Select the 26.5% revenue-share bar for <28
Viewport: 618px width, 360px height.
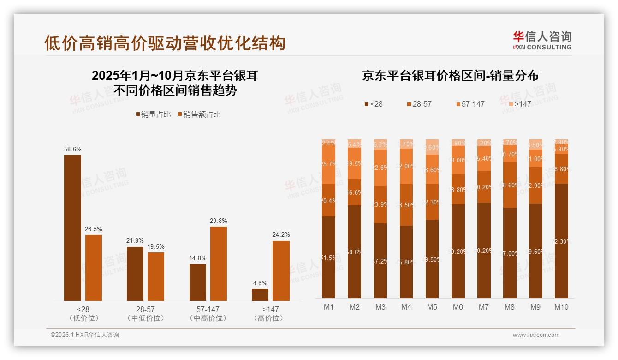click(94, 268)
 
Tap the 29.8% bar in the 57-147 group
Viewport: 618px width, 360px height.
click(219, 264)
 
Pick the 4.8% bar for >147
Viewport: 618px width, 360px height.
click(260, 295)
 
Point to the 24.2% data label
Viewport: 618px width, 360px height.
click(281, 235)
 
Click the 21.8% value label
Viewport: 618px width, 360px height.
click(135, 241)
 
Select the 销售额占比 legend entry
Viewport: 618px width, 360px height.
click(199, 114)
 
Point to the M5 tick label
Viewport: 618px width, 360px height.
click(432, 307)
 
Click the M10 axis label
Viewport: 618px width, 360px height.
click(561, 307)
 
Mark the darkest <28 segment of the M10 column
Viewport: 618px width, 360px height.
click(561, 240)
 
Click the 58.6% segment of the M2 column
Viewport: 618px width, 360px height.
click(355, 252)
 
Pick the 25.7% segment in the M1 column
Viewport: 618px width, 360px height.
click(329, 165)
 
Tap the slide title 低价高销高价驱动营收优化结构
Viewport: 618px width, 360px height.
click(165, 43)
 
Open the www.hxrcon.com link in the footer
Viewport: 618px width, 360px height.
click(536, 335)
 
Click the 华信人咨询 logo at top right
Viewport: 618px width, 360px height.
click(542, 40)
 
